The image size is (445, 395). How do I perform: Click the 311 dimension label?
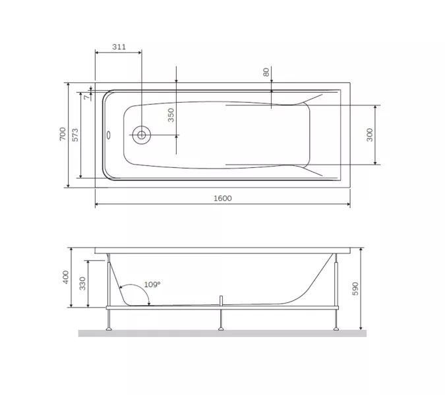(119, 47)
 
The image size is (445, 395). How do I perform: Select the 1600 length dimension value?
(223, 198)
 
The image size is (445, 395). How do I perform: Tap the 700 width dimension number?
(63, 134)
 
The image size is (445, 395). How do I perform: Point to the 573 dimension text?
(74, 135)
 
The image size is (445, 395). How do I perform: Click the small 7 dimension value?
(86, 97)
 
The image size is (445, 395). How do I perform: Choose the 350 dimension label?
(171, 115)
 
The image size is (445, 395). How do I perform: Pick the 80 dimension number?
(266, 72)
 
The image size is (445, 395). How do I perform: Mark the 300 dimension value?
(369, 135)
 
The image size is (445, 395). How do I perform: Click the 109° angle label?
(152, 284)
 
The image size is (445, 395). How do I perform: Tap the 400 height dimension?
(66, 277)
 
